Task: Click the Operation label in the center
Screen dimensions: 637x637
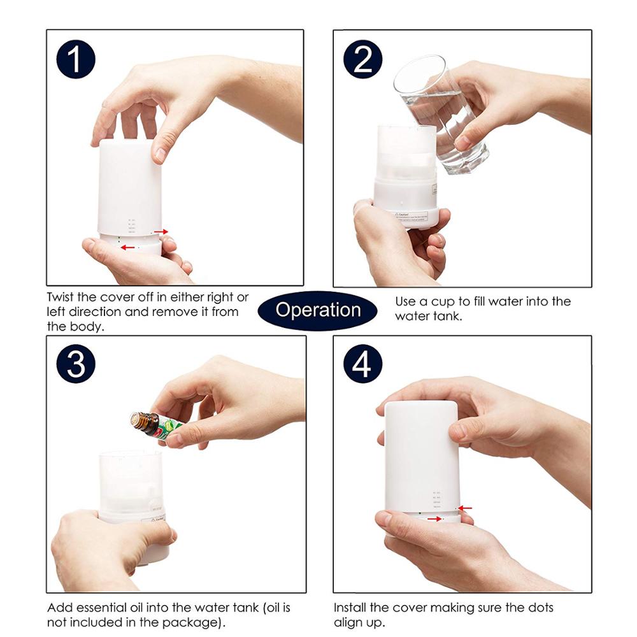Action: [x=318, y=310]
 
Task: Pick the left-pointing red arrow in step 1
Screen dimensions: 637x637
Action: [x=129, y=247]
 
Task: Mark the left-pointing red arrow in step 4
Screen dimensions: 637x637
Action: [x=465, y=508]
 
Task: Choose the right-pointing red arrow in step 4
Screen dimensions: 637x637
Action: [x=435, y=519]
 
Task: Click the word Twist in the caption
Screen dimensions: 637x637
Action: [x=62, y=297]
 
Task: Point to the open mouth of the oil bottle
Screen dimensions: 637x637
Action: [x=134, y=419]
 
